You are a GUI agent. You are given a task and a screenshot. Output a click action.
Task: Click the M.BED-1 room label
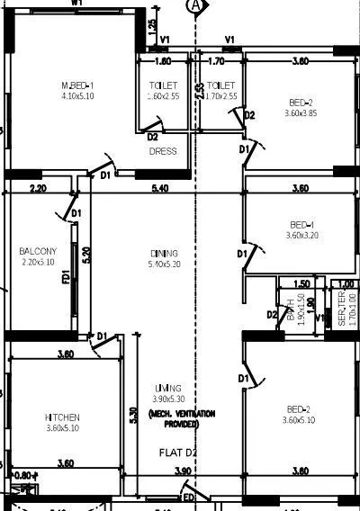78,83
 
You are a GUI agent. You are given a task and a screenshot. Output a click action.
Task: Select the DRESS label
163,152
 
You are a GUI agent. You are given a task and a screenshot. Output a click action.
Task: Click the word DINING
165,254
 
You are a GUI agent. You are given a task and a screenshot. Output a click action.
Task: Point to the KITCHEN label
63,417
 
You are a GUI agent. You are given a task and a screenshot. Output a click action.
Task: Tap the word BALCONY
38,251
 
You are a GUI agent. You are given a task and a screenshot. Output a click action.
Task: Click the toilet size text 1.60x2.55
163,96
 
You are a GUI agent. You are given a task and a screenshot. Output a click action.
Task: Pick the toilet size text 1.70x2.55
220,96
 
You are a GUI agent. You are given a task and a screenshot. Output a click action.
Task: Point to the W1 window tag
76,4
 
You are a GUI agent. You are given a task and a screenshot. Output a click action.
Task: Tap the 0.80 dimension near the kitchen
24,475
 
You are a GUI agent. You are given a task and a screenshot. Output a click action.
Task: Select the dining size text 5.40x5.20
165,264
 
